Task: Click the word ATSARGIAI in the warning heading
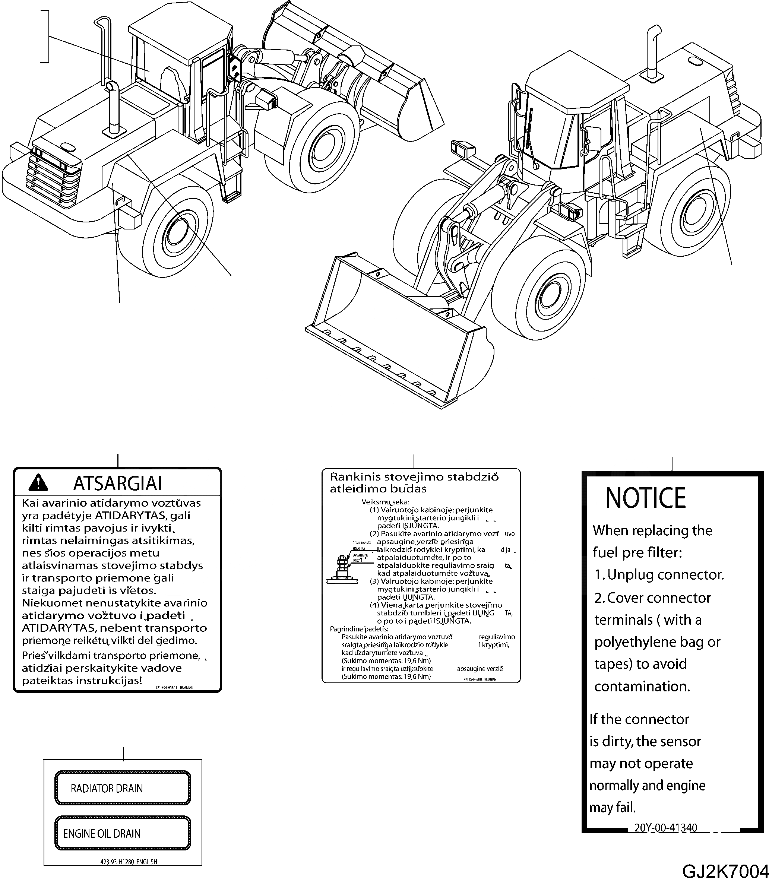pyautogui.click(x=118, y=483)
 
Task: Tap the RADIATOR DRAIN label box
pyautogui.click(x=122, y=788)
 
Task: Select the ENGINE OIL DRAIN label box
pyautogui.click(x=122, y=833)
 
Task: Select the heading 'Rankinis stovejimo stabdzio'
pyautogui.click(x=414, y=477)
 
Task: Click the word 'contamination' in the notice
pyautogui.click(x=642, y=687)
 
